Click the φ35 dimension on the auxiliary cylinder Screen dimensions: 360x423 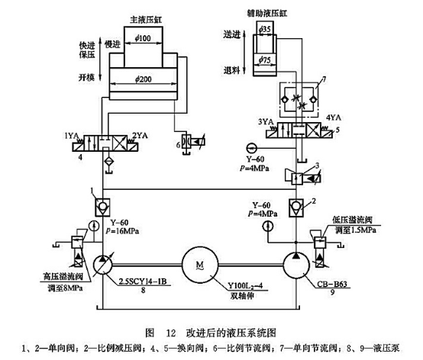pos(266,29)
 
